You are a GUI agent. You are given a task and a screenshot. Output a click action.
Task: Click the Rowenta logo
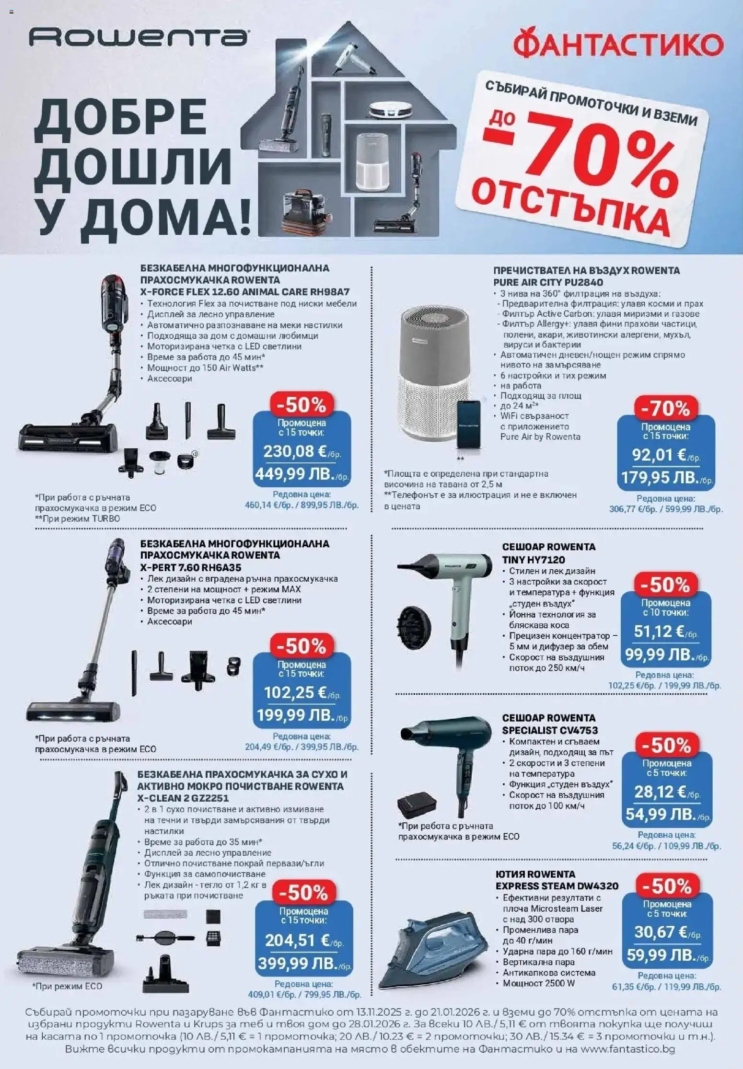(138, 37)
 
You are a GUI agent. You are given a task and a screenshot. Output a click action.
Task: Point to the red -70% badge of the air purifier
(665, 409)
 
